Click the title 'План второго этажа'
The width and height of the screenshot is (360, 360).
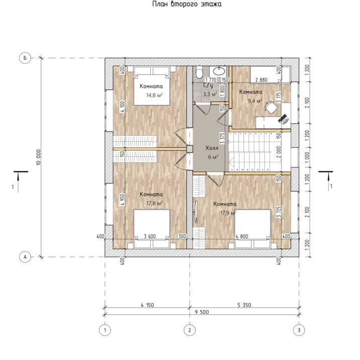(187, 4)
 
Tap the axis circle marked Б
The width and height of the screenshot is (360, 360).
(25, 58)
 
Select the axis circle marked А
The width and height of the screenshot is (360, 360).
(25, 257)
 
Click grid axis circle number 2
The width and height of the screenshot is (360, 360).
(190, 330)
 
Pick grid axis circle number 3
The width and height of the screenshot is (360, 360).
(299, 330)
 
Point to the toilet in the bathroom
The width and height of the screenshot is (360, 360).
(199, 72)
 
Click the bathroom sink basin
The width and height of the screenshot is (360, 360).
(219, 71)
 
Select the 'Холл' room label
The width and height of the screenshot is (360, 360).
(212, 148)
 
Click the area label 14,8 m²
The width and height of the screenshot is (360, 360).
(154, 95)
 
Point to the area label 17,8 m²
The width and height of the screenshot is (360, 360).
(154, 203)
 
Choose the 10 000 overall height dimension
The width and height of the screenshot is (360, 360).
(38, 157)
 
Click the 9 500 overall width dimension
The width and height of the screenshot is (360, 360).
(202, 312)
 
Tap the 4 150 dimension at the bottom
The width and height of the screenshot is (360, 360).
(147, 305)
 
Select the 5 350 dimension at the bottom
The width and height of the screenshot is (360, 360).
(244, 305)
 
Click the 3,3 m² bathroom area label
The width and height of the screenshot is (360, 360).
(210, 94)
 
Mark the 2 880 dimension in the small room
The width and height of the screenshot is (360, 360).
(261, 80)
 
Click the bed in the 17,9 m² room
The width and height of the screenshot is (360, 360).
(253, 228)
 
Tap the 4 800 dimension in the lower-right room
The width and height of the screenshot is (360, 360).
(242, 236)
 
